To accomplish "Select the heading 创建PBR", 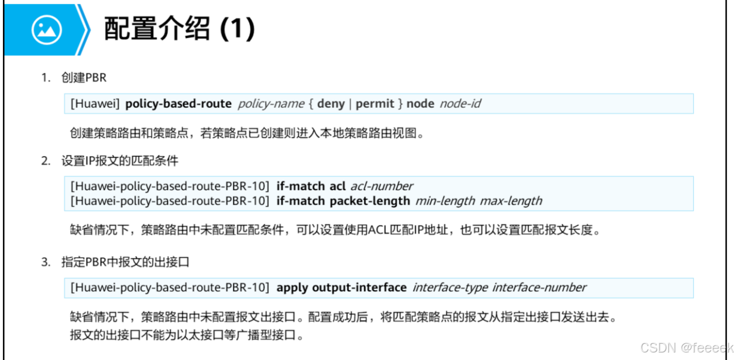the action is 84,78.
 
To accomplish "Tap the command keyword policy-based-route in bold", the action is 178,104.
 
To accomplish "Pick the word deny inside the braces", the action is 331,104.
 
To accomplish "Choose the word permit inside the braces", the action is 375,104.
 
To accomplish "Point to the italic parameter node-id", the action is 460,104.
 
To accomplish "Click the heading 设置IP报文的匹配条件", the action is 120,161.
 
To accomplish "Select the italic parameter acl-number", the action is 382,186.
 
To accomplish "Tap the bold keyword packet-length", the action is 370,201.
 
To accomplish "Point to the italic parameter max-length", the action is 511,201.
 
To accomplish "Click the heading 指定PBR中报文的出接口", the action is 126,262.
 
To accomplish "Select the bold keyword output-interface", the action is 359,287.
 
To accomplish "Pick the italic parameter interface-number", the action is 539,287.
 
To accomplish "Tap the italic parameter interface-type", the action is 450,287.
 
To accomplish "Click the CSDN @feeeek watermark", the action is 686,348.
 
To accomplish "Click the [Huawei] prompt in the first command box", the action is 95,104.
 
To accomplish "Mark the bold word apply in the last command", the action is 292,287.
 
